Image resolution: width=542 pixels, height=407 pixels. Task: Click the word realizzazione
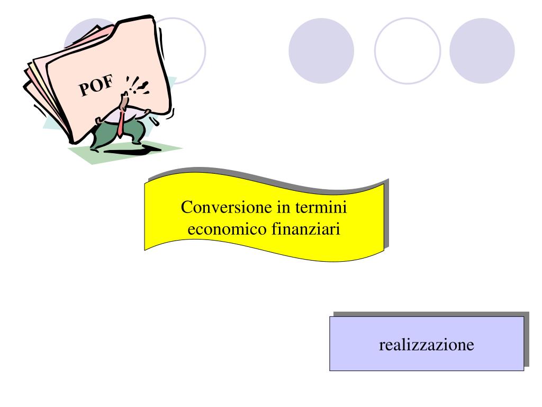[427, 345]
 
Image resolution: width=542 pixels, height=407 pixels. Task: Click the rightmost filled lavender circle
[482, 51]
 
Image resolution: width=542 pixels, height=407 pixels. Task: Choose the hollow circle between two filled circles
[407, 51]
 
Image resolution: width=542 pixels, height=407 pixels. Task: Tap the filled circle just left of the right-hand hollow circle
[321, 51]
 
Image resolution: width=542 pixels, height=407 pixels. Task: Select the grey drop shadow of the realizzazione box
[527, 339]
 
